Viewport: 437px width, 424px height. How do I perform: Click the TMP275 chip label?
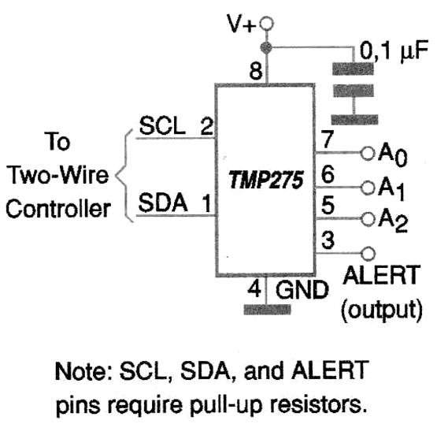click(265, 180)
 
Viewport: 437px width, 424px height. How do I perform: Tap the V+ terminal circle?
click(266, 24)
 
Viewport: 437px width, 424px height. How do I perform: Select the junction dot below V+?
click(266, 47)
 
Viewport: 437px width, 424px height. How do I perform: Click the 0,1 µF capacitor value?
click(394, 50)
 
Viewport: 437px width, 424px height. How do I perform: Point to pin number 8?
click(256, 71)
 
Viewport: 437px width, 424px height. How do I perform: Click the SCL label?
click(162, 126)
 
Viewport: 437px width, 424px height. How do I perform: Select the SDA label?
click(163, 203)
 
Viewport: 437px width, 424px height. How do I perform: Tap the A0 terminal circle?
click(368, 154)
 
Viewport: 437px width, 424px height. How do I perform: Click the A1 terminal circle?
click(368, 188)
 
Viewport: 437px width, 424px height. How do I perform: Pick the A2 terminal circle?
click(368, 219)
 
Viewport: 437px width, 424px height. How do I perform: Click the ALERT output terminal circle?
click(368, 254)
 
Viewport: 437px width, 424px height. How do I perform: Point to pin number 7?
click(328, 139)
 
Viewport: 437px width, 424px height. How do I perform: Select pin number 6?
click(328, 174)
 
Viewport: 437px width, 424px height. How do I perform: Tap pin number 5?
click(328, 206)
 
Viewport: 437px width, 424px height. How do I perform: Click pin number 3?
click(328, 240)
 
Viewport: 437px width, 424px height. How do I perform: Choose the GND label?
click(302, 289)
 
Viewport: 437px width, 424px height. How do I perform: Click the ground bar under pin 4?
click(267, 310)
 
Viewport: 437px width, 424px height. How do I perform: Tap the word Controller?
click(58, 209)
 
